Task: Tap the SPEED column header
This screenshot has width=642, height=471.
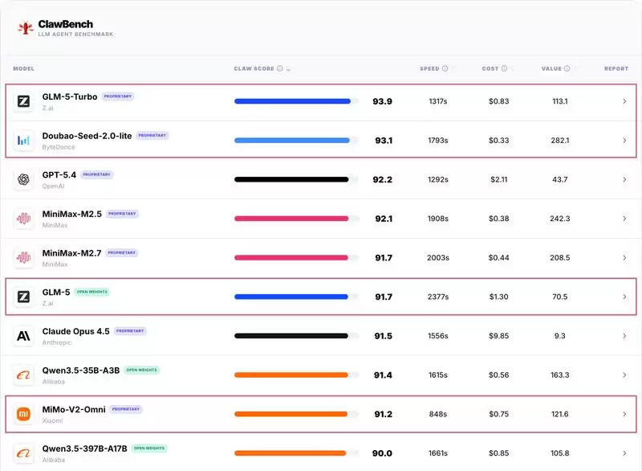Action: (x=429, y=69)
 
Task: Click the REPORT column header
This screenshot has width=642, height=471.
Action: (x=616, y=69)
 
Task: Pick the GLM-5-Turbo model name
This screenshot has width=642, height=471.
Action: (x=70, y=96)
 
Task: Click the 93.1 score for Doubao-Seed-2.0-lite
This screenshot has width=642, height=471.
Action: (x=383, y=141)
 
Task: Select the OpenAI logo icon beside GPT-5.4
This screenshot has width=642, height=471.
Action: (x=24, y=179)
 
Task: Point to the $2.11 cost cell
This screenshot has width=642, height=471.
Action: (x=498, y=179)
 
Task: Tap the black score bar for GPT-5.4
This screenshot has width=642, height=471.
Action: (x=291, y=179)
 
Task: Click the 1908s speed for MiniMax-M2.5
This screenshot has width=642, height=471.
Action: (x=437, y=219)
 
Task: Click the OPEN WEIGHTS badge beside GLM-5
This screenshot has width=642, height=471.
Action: (x=92, y=292)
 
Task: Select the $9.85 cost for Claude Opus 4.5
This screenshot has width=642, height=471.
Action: (x=498, y=336)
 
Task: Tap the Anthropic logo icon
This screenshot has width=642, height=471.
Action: (x=24, y=336)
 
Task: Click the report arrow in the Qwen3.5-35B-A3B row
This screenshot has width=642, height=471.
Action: (x=624, y=375)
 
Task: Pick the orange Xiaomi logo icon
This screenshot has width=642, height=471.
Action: (x=24, y=414)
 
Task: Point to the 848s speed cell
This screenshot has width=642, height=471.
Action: (x=437, y=414)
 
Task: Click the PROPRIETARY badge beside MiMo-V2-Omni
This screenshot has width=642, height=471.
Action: (x=126, y=409)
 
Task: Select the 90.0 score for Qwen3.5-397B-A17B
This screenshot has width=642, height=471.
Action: (x=381, y=453)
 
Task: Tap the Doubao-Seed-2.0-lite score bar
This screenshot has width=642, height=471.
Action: (x=292, y=141)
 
